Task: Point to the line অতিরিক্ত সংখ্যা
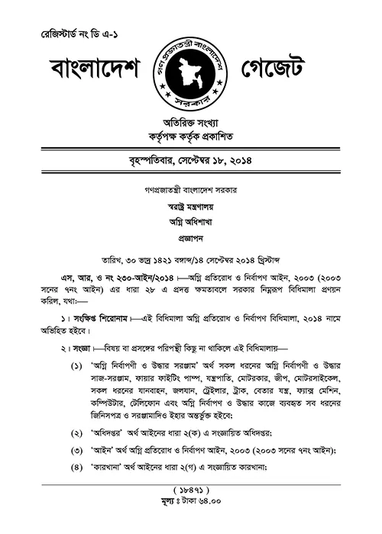point(190,122)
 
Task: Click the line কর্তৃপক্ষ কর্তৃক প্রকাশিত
point(190,137)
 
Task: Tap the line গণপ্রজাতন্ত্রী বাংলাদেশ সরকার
point(190,188)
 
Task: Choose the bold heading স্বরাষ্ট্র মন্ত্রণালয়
point(190,204)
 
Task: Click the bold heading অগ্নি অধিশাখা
point(190,221)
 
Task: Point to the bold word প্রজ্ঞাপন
point(190,238)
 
